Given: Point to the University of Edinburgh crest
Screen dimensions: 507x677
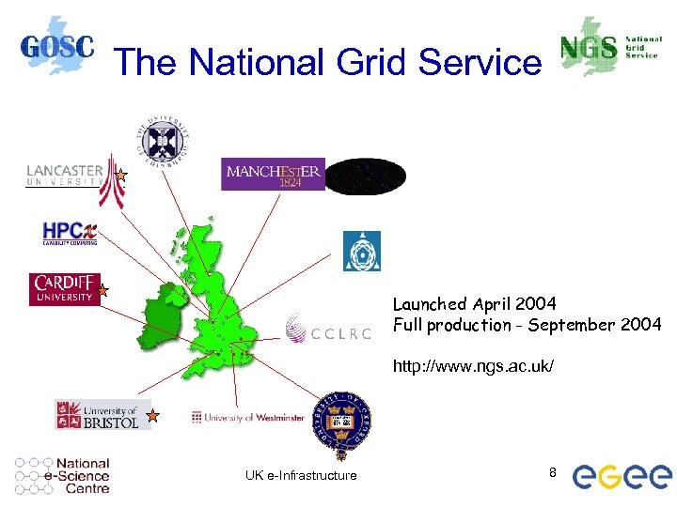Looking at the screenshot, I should point(165,142).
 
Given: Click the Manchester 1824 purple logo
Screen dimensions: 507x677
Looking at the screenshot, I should point(273,174).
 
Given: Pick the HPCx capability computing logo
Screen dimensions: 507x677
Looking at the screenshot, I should point(69,233).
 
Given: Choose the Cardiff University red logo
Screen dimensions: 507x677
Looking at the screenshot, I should point(64,289).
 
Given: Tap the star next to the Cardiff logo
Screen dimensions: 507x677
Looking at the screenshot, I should point(104,292).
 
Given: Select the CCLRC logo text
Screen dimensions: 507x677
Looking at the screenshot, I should point(328,330).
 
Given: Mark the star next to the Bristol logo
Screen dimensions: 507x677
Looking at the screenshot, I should point(152,414).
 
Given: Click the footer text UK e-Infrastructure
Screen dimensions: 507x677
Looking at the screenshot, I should point(301,475).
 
